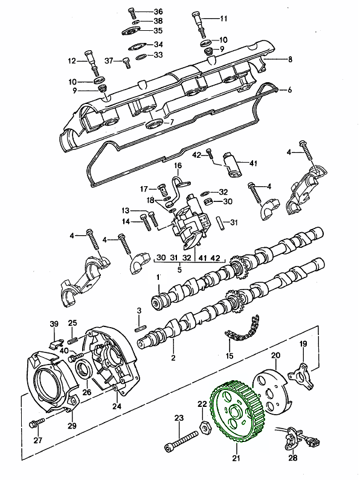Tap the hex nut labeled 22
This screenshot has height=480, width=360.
204,426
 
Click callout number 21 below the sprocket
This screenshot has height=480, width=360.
236,458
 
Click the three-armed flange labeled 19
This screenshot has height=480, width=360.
302,376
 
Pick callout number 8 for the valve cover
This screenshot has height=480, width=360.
290,59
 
